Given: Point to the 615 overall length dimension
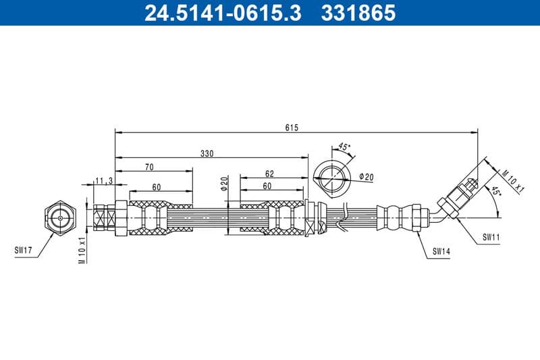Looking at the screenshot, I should pos(292,127).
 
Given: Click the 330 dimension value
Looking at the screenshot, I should pos(207,153).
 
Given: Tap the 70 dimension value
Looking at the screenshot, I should pos(149,167).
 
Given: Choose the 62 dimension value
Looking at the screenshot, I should pos(269,174).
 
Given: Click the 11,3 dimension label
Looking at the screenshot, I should pos(103,180).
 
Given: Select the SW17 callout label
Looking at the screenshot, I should pos(24,250).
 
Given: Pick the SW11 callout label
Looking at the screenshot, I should pos(491,238).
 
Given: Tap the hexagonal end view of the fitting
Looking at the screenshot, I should pos(60,217).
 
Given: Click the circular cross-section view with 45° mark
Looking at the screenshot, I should pos(333,178).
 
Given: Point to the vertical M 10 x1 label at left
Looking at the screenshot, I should pos(82,250).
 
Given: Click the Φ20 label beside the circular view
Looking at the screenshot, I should pos(367,177).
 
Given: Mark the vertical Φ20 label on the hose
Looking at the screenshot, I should pos(223,184).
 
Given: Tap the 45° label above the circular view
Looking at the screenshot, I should pos(344,147).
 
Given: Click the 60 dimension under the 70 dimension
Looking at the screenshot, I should pos(156,187).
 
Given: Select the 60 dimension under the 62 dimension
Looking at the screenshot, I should pos(267,186).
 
